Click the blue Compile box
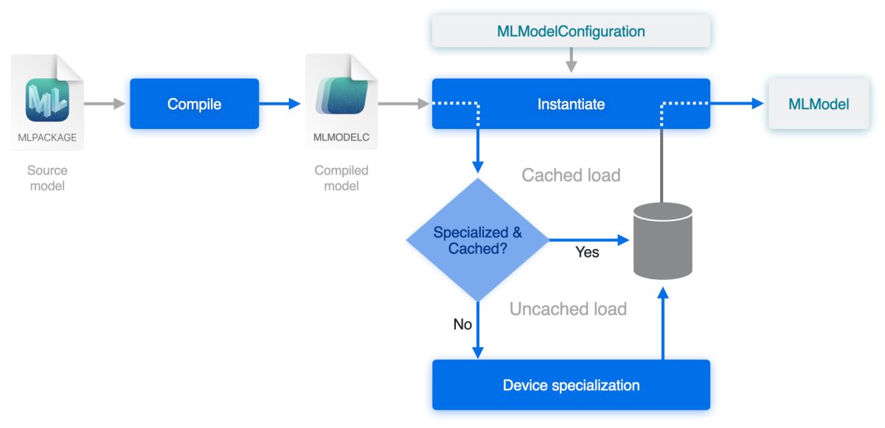tap(195, 104)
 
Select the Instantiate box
tap(571, 104)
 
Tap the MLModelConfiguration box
tap(571, 32)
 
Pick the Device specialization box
tap(571, 385)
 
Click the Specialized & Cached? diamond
tap(478, 240)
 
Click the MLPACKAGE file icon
tap(47, 102)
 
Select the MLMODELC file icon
tap(341, 102)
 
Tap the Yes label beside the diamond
tap(587, 253)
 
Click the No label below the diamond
tap(462, 324)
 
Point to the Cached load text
tap(571, 175)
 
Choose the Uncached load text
tap(568, 309)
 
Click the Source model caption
tap(47, 178)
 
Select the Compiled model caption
tap(341, 178)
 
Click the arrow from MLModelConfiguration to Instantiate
tap(571, 60)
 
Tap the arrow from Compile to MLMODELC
tap(280, 104)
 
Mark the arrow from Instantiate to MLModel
tap(737, 104)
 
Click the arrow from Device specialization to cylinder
tap(663, 324)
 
